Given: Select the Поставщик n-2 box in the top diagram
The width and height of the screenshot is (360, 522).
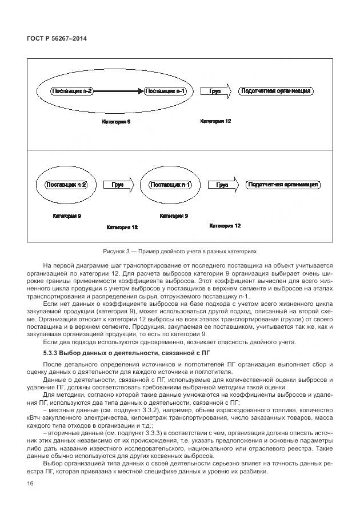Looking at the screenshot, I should click(x=72, y=91).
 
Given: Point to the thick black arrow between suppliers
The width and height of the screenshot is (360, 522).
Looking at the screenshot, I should click(x=119, y=91).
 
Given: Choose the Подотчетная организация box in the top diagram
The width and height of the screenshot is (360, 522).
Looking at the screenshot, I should click(x=276, y=91).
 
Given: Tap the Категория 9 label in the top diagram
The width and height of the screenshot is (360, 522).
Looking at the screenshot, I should click(x=116, y=122).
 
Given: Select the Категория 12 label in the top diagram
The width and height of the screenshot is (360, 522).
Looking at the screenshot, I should click(x=215, y=121).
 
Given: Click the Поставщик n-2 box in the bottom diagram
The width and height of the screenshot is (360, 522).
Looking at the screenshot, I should click(x=66, y=185).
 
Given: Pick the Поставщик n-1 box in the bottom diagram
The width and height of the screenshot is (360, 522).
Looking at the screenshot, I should click(x=170, y=185).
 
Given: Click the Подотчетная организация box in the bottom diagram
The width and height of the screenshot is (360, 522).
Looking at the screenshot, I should click(x=283, y=185).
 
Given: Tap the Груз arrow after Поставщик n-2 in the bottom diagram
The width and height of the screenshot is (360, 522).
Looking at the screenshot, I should click(x=118, y=185).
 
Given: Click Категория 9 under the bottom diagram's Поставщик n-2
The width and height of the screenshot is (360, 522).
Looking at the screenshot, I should click(x=67, y=216).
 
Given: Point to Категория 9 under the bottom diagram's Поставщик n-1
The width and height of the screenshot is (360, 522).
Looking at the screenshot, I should click(x=174, y=216).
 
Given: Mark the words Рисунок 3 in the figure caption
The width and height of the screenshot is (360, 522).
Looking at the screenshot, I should click(x=117, y=251).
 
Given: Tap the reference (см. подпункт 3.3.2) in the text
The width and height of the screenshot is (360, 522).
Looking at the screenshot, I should click(x=103, y=410).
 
